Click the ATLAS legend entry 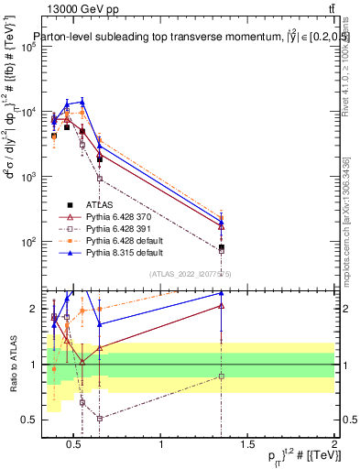(x=100, y=204)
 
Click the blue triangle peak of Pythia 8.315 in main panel (x=82, y=102)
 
